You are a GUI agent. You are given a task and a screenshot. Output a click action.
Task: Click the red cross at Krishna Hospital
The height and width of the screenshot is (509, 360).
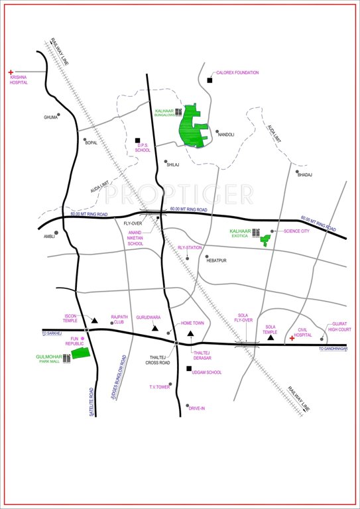11,72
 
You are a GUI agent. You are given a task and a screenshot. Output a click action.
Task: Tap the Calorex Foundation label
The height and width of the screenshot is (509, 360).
237,73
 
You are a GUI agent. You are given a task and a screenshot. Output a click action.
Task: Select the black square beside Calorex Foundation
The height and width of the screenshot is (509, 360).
210,80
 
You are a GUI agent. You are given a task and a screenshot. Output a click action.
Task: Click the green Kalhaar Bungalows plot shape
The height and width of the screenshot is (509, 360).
194,125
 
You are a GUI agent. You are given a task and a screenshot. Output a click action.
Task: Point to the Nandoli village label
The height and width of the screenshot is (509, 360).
227,135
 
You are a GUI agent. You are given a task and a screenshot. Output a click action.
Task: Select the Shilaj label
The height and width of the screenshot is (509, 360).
174,164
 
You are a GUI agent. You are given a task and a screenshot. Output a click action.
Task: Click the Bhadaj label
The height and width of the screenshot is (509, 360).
304,174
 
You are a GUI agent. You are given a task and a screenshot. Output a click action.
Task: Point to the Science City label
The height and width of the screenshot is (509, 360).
296,231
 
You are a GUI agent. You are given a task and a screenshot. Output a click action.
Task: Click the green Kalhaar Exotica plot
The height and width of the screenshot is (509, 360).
267,240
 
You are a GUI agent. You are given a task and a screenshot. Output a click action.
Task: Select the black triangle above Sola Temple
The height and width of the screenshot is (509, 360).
270,338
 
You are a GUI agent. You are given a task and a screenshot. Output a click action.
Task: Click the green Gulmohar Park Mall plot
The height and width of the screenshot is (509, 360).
81,353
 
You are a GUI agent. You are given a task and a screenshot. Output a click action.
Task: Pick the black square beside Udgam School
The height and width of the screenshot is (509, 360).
189,369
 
